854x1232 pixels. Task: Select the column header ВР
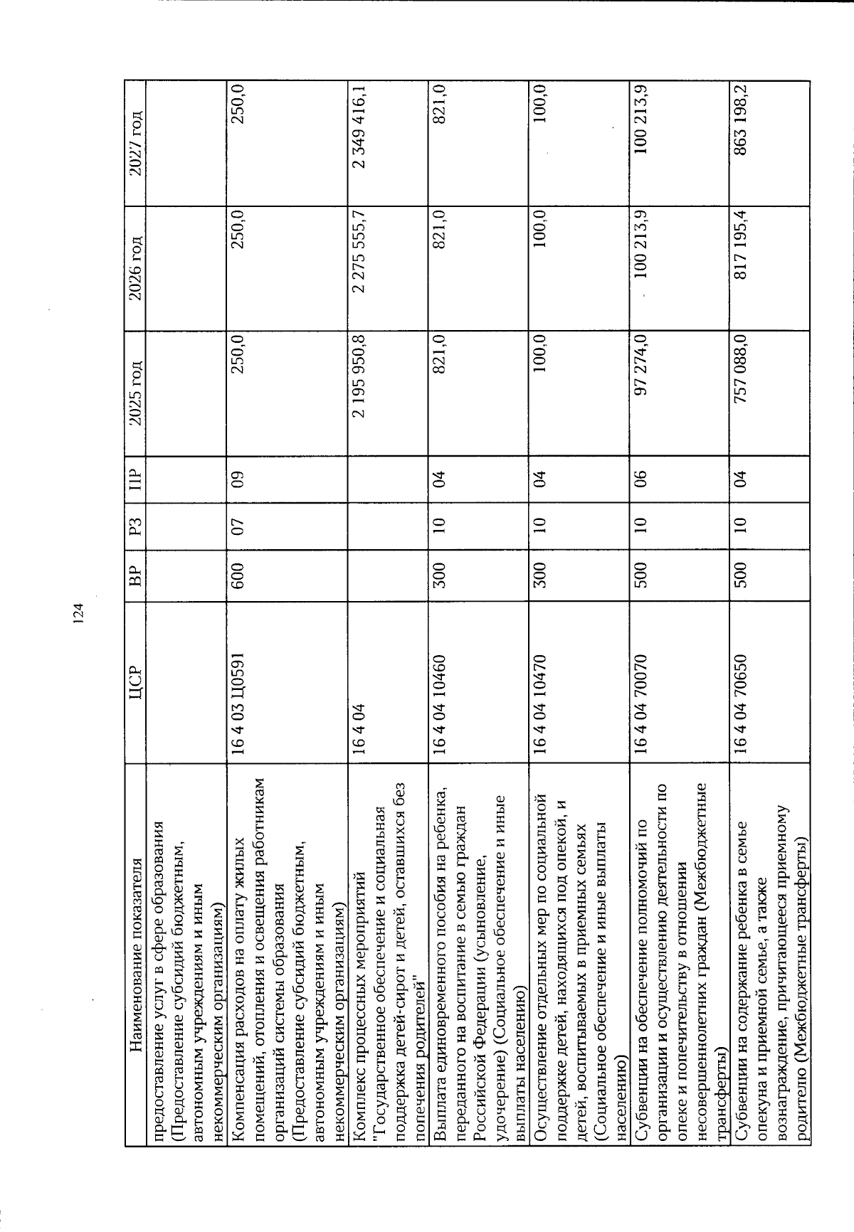(135, 568)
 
